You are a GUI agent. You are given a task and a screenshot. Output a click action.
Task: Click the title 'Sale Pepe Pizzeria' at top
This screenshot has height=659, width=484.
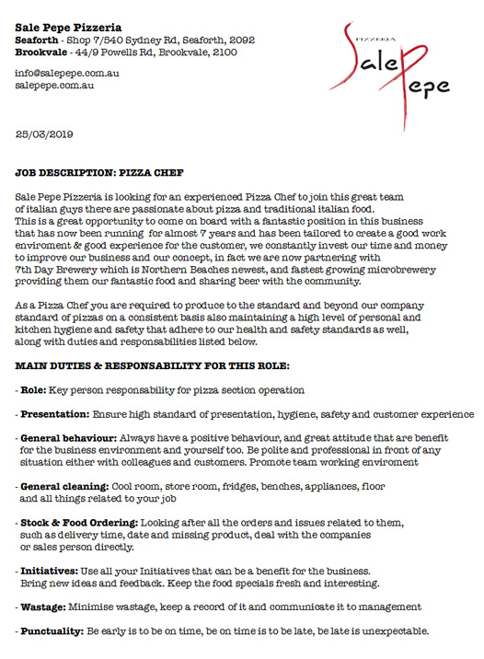click(x=68, y=28)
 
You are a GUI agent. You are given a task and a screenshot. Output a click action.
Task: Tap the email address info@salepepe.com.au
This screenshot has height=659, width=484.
click(x=68, y=72)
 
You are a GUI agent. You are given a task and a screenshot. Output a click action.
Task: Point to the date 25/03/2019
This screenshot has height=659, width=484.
click(x=46, y=134)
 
